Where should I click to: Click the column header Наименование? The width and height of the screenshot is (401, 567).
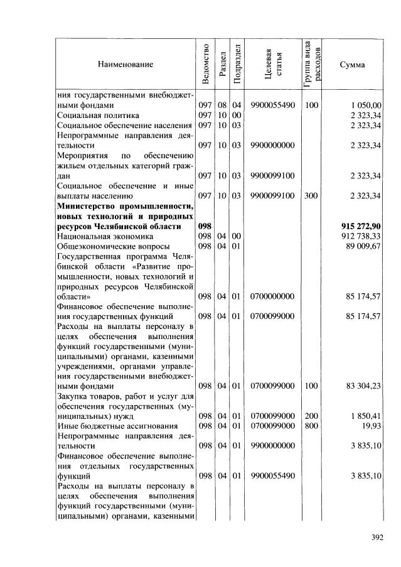tap(125, 64)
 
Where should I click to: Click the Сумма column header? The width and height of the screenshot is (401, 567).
tap(352, 64)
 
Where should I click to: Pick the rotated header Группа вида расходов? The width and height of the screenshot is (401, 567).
tap(312, 64)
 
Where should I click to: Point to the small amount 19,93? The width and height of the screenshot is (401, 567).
tap(371, 426)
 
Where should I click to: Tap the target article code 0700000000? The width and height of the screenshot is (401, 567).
tap(272, 296)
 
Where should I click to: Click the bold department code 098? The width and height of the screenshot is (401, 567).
tap(205, 226)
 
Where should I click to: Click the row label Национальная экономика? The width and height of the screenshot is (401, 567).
tap(105, 236)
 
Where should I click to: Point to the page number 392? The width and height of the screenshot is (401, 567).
tap(377, 537)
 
